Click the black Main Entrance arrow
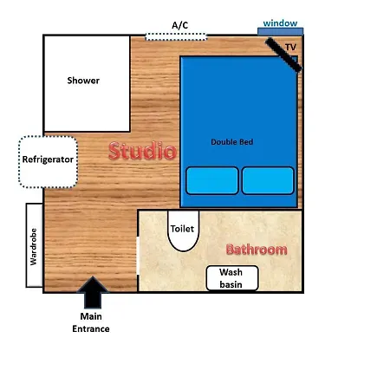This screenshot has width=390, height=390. [x=93, y=292]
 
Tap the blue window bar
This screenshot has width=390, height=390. [x=280, y=31]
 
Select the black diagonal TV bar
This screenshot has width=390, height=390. [x=283, y=55]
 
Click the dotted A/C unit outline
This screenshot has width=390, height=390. [x=176, y=36]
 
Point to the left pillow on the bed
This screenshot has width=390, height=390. [x=212, y=180]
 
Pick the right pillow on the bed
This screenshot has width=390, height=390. [x=268, y=180]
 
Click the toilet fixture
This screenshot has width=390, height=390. [x=183, y=231]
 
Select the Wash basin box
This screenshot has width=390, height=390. [x=232, y=278]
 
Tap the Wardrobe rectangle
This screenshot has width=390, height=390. [x=35, y=245]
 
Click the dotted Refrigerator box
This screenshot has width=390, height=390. [x=48, y=162]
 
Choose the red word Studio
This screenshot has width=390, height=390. [x=142, y=151]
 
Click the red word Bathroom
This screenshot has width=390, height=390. [x=257, y=250]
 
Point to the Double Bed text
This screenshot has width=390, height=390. [x=232, y=142]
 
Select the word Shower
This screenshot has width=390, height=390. [x=83, y=81]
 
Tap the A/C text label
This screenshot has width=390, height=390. [x=179, y=25]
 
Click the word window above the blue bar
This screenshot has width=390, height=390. [x=280, y=23]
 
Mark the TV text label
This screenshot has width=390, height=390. [x=290, y=47]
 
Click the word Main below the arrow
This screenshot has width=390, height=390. [x=91, y=316]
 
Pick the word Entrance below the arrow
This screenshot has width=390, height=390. [x=91, y=328]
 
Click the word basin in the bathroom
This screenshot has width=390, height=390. [x=231, y=284]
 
